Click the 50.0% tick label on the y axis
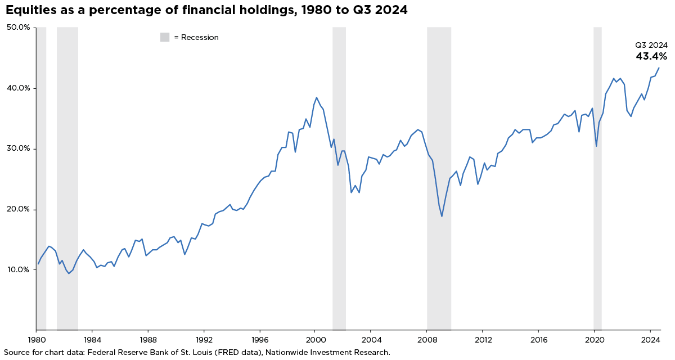click(x=17, y=27)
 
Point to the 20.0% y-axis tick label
click(x=17, y=209)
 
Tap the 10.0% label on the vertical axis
click(x=17, y=269)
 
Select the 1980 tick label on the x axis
click(x=37, y=340)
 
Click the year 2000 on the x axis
click(x=316, y=340)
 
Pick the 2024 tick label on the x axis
click(x=650, y=340)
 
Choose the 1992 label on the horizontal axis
click(x=204, y=340)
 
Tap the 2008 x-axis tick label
click(x=427, y=340)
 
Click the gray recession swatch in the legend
click(x=165, y=37)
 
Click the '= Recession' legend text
click(x=196, y=37)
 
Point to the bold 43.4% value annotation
click(x=651, y=56)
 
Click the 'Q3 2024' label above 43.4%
click(x=651, y=45)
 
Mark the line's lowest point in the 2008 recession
click(x=442, y=217)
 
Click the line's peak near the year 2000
click(x=316, y=97)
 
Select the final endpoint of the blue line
click(x=659, y=68)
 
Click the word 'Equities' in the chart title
click(x=30, y=10)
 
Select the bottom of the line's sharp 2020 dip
click(x=596, y=146)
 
